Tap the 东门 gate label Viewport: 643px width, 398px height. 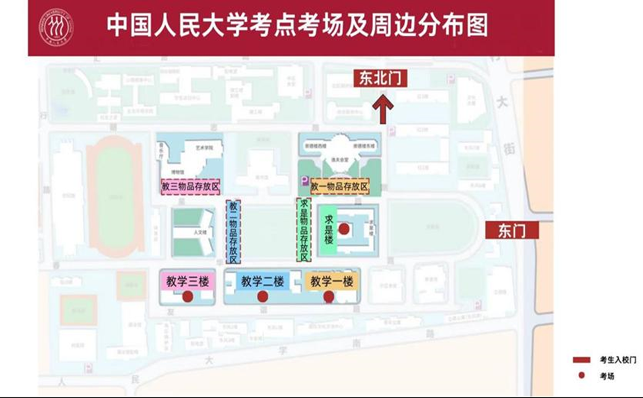[512, 231]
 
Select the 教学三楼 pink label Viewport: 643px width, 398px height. [186, 281]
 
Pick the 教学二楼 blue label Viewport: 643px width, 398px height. [262, 281]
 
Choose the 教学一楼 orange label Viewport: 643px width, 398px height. [332, 281]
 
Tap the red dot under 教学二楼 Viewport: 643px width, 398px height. [262, 297]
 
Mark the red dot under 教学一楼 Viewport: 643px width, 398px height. [329, 297]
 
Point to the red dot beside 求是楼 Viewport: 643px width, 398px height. [345, 229]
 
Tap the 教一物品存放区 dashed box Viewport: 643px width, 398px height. [340, 187]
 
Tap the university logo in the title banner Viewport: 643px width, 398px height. [56, 28]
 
